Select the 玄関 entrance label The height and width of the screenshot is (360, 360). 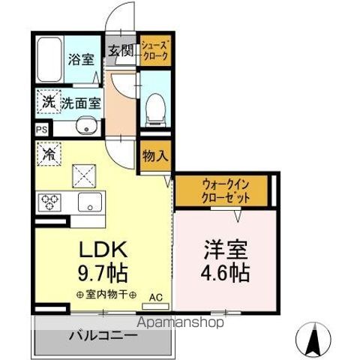pyautogui.click(x=122, y=50)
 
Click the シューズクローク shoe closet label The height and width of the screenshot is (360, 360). pyautogui.click(x=155, y=51)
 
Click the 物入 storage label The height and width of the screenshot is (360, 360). pyautogui.click(x=156, y=156)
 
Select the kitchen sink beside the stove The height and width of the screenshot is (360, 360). pyautogui.click(x=89, y=202)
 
